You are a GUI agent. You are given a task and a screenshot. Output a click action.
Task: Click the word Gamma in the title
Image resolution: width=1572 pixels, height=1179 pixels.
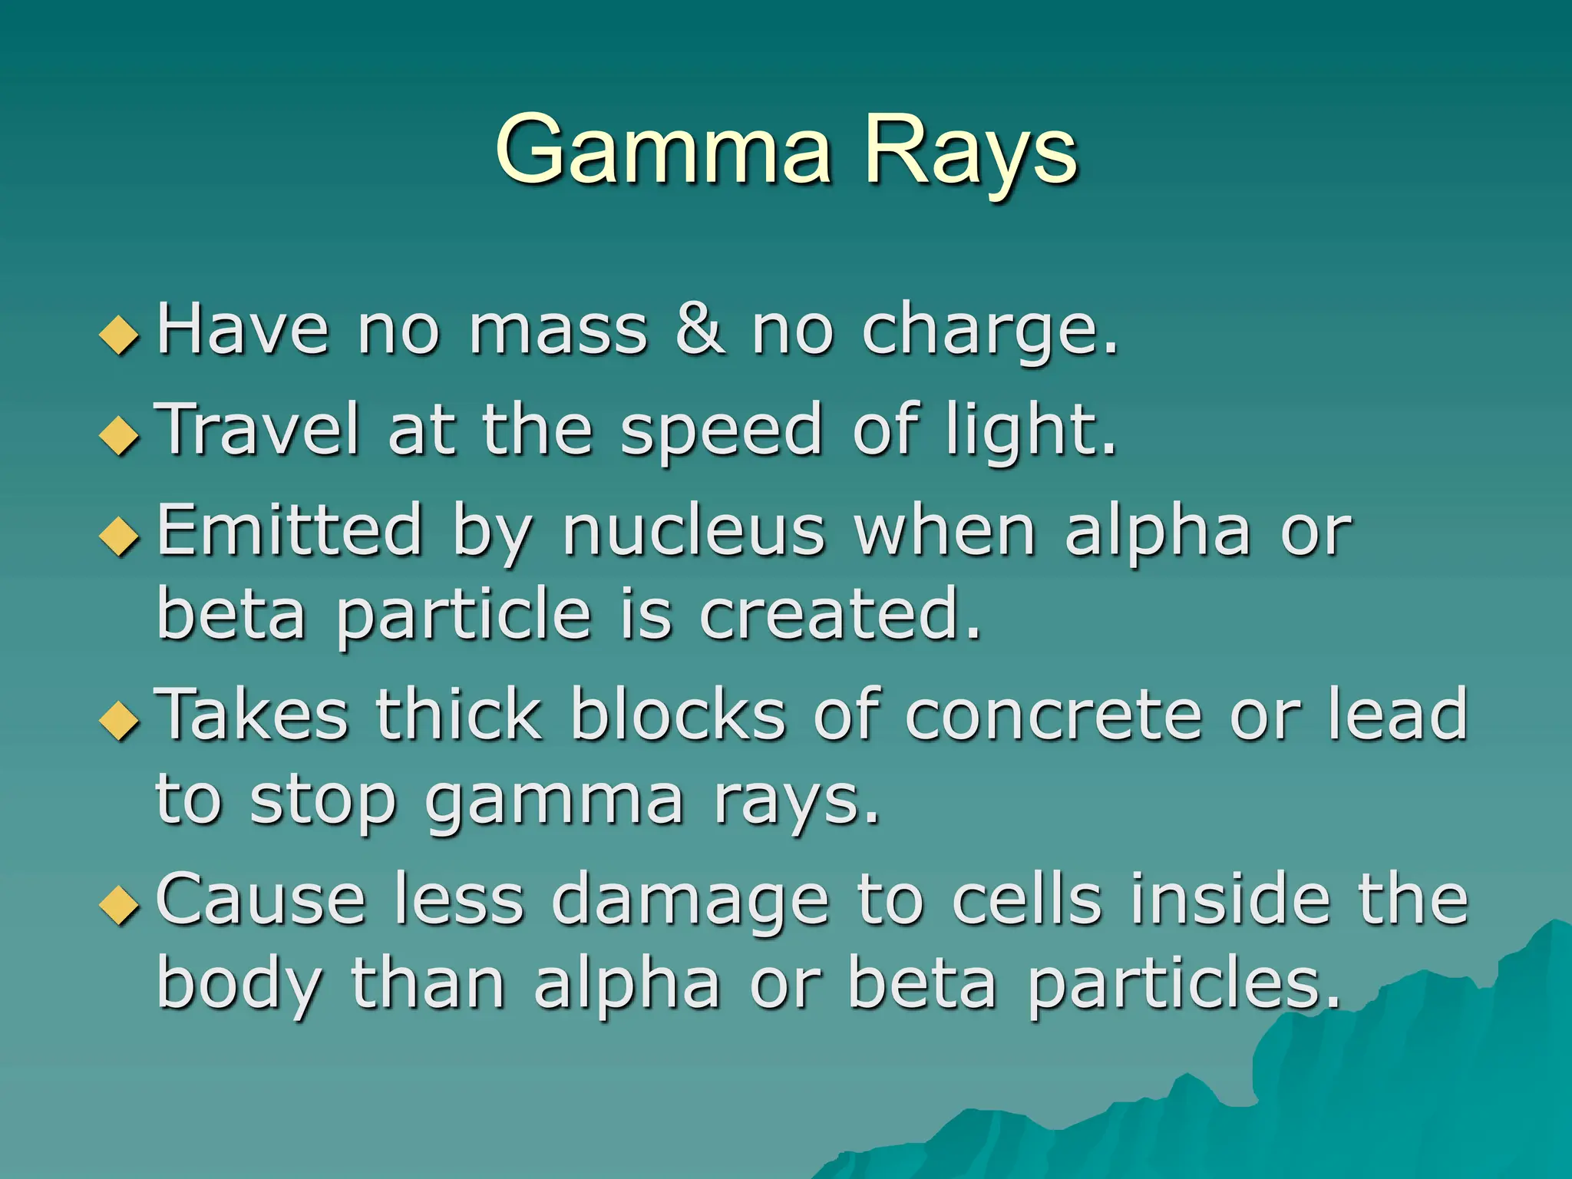point(664,150)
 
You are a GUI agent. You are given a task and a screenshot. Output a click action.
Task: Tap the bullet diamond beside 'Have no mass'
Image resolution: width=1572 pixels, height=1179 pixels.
point(120,335)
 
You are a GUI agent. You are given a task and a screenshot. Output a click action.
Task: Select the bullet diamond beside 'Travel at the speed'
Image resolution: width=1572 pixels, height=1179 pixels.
point(120,435)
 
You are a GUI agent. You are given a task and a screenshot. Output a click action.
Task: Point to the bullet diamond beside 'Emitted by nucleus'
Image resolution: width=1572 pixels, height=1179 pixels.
point(120,535)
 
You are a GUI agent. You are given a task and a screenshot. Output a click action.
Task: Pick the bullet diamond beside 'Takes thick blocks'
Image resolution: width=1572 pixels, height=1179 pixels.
point(120,721)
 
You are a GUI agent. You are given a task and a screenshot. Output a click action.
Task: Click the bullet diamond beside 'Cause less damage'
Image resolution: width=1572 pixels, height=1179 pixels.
point(120,905)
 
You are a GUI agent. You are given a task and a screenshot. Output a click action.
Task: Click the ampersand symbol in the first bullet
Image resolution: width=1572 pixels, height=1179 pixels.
point(698,330)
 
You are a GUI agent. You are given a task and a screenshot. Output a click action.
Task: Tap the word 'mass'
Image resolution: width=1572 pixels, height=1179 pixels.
point(559,332)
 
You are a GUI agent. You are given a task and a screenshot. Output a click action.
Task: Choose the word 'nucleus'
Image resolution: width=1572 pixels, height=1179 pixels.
point(694,531)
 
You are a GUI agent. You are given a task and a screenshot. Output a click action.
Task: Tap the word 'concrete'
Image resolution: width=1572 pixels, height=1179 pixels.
point(1053,717)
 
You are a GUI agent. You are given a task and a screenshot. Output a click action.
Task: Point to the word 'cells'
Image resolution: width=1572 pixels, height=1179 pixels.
point(1027,900)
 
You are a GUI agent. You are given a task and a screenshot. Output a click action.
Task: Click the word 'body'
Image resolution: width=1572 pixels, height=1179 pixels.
point(238,987)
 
